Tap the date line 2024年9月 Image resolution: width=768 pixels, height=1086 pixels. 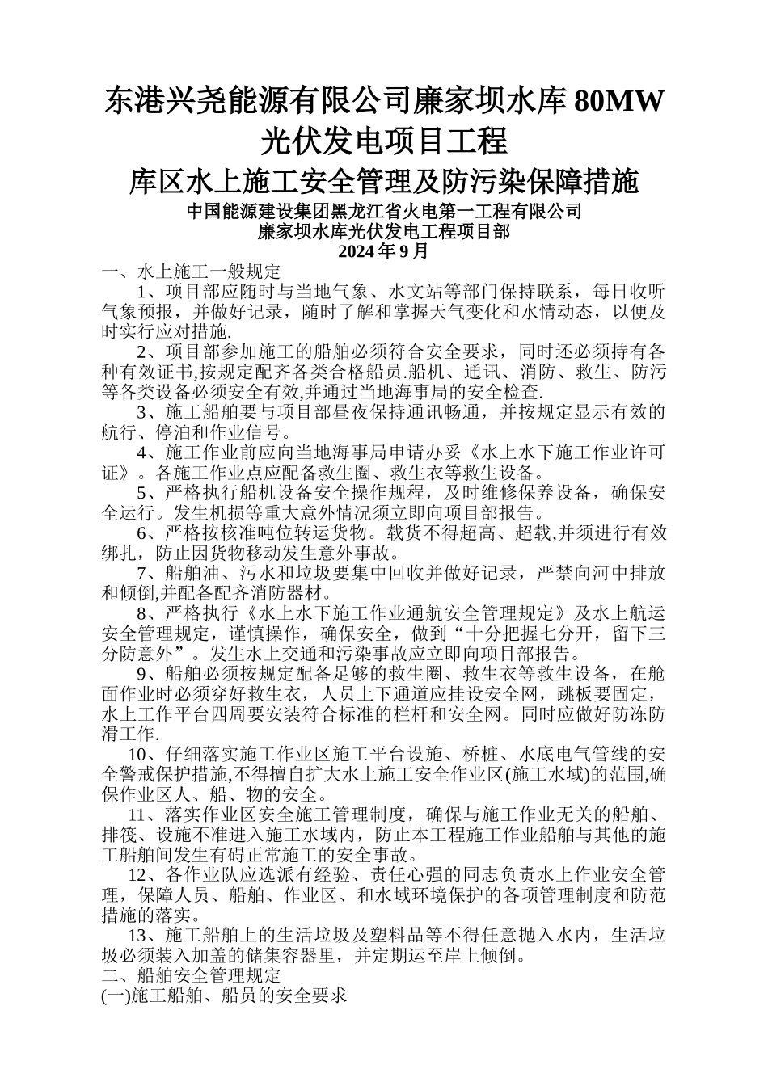click(x=384, y=250)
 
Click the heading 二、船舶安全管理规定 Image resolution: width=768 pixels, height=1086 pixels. click(x=191, y=976)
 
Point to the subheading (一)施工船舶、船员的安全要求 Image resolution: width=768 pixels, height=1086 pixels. click(x=224, y=996)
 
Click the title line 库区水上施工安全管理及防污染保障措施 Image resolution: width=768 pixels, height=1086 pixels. click(x=384, y=182)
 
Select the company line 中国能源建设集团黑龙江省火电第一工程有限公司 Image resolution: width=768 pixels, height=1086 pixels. click(x=384, y=212)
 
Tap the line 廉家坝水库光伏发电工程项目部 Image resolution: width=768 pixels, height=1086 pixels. click(x=384, y=232)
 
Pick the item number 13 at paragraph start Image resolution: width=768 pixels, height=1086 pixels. click(x=138, y=936)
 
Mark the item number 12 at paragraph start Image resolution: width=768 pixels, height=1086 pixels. click(x=138, y=875)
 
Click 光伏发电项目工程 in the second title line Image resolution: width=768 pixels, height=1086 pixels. click(x=384, y=141)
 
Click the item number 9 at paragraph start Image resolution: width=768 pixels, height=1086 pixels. click(x=143, y=674)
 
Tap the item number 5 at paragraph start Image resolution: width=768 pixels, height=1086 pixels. click(x=143, y=492)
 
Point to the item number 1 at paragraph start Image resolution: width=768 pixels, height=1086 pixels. click(x=143, y=291)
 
